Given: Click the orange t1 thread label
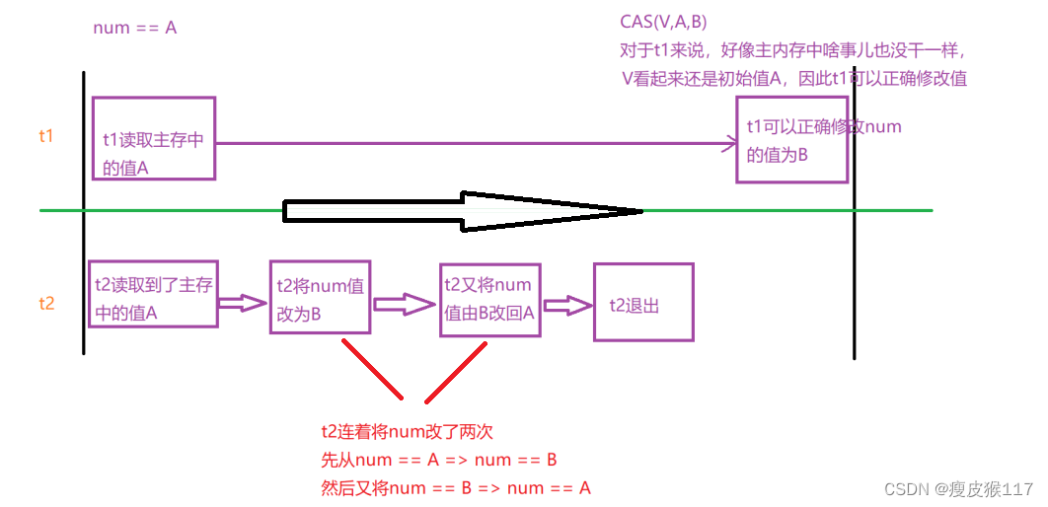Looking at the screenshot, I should click(x=46, y=136).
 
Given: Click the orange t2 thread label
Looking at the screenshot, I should click(x=46, y=303).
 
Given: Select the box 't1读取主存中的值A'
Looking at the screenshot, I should click(x=153, y=138).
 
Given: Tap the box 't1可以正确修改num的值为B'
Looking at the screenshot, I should click(x=791, y=139).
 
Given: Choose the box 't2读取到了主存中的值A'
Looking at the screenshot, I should click(x=152, y=294).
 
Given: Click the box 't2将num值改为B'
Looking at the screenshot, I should click(x=320, y=298).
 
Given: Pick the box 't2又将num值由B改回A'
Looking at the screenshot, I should click(x=489, y=300).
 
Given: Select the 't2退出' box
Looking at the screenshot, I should click(x=642, y=302).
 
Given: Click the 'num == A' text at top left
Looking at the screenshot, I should click(x=134, y=28).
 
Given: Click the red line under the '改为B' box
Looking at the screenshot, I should click(x=373, y=369).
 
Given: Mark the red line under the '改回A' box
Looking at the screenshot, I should click(x=457, y=372).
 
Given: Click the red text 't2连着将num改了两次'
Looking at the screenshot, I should click(x=407, y=431).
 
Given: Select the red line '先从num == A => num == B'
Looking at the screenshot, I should click(x=439, y=460).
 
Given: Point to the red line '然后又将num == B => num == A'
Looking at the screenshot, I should click(x=455, y=487).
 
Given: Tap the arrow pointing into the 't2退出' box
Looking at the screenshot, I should click(x=566, y=307).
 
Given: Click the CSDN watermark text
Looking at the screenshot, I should click(x=956, y=489).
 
